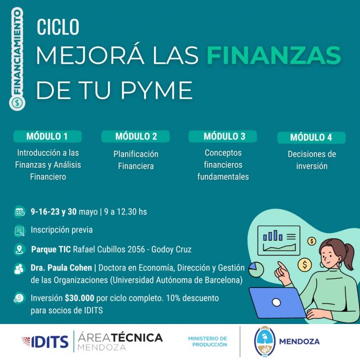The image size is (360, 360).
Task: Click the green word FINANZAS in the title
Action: coord(274,55)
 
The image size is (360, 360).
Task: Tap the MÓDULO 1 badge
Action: coord(47,136)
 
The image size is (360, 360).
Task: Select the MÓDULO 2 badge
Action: coord(135,136)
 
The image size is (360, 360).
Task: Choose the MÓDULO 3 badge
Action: coord(223,136)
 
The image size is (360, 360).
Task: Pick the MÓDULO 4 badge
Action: coord(311,137)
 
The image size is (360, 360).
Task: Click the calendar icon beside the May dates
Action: coord(20,212)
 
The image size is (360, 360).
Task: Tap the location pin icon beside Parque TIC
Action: coord(20,249)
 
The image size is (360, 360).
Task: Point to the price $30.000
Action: coord(79,298)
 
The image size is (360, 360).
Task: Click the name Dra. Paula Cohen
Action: coord(61,268)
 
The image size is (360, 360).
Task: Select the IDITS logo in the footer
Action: coord(45,341)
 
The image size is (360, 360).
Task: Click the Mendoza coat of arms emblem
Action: coord(265,341)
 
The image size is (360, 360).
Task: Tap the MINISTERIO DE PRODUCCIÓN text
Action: coord(208,341)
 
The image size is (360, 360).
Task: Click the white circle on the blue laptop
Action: coord(276,302)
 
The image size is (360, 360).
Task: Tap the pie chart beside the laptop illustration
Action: coord(256,269)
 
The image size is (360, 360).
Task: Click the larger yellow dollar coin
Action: coord(304,265)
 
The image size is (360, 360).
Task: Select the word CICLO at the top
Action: coord(58,27)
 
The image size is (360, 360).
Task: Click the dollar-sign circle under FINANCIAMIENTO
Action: coord(17,103)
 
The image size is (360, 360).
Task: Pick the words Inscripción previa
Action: coord(62,230)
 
